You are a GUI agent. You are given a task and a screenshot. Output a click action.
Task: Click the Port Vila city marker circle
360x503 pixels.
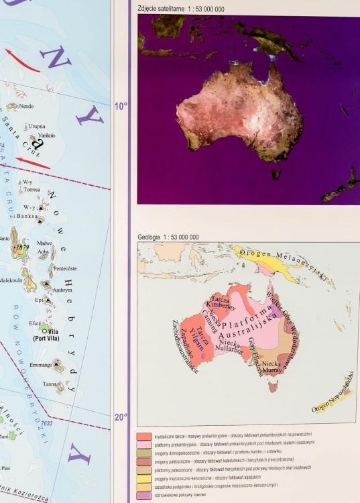[44, 330]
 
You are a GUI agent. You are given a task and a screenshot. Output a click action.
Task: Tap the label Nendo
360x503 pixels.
[27, 106]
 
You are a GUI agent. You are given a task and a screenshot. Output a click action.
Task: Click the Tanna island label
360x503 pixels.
[51, 384]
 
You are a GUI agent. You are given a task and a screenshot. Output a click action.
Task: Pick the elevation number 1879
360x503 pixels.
[22, 247]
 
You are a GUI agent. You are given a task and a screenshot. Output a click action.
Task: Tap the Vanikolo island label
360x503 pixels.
[46, 135]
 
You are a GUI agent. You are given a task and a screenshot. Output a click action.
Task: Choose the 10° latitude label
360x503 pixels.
[120, 106]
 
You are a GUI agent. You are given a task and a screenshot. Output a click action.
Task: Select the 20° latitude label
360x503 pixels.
[120, 416]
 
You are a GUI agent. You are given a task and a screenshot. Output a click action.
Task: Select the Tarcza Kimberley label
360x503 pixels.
[221, 305]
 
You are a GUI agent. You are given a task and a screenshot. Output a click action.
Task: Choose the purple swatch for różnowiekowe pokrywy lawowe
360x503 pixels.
[141, 496]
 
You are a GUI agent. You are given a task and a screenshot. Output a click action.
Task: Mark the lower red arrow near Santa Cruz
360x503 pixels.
[33, 161]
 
